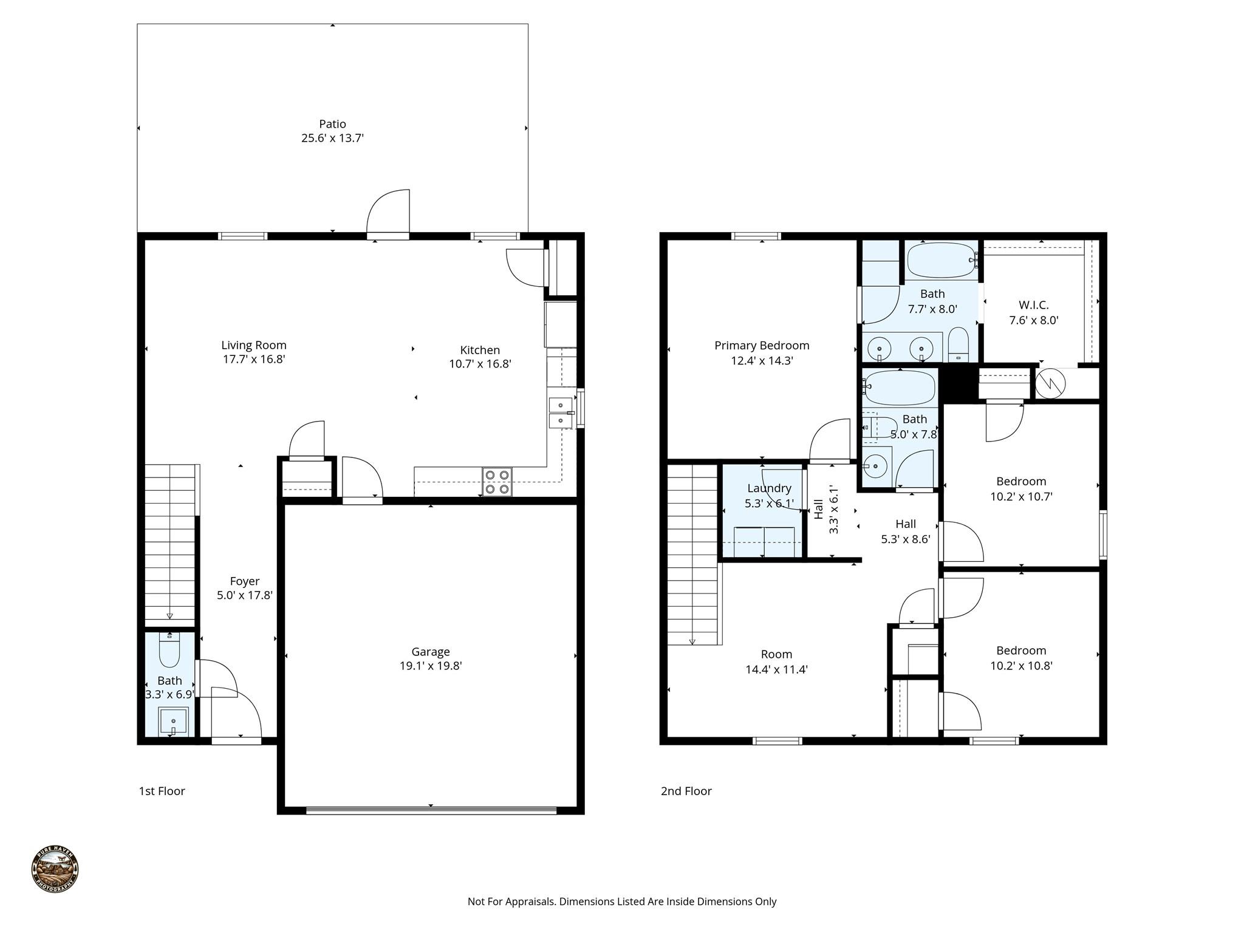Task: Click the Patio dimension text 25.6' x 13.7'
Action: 332,138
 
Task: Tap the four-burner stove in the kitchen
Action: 497,482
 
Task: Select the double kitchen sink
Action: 561,412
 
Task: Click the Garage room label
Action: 431,652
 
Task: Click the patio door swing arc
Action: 389,210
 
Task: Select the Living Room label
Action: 254,345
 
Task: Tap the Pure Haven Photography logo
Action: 55,869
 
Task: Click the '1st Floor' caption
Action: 162,791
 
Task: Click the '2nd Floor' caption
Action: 686,791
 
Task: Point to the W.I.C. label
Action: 1033,305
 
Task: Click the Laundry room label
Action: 769,488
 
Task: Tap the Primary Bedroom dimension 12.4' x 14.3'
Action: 762,361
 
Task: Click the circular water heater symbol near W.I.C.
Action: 1050,383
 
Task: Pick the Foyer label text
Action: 244,581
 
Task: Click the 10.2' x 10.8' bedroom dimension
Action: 1021,666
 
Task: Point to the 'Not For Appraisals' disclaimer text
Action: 621,901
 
